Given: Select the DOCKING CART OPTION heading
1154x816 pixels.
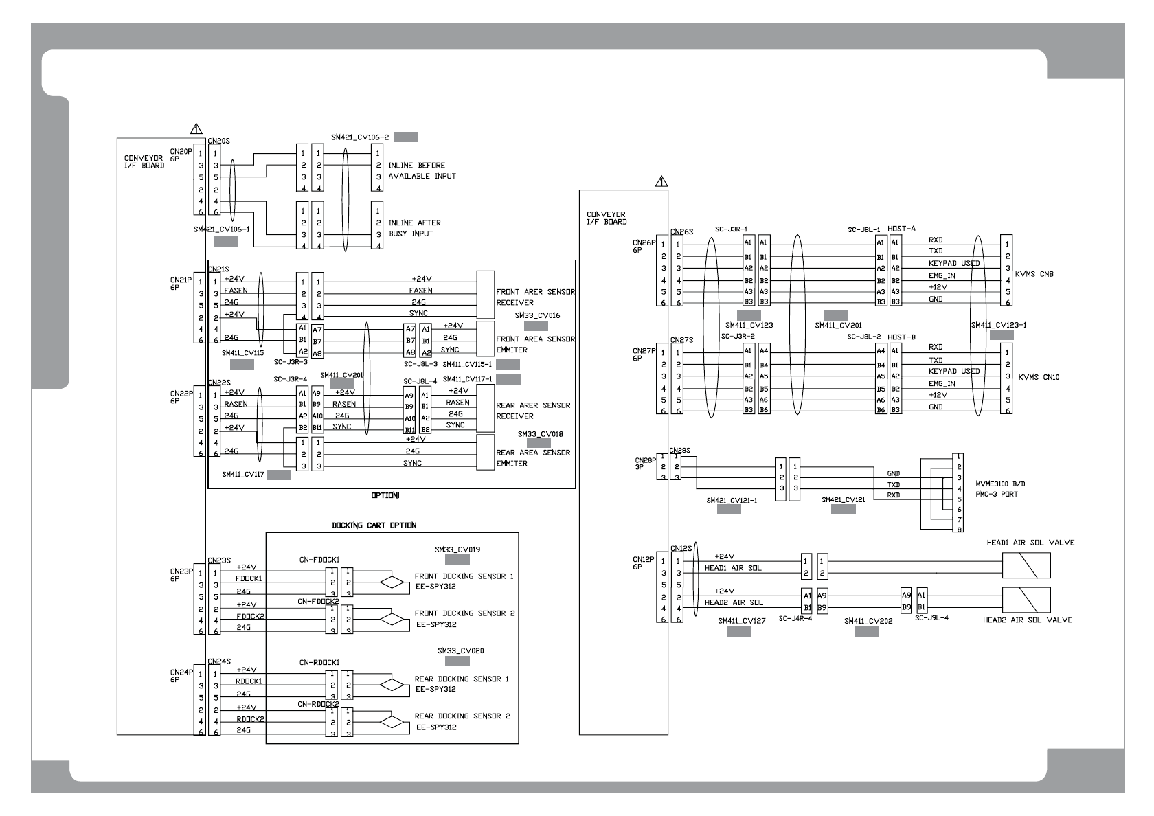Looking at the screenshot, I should (x=374, y=525).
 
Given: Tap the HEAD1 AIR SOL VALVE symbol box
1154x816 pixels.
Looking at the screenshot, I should (x=1026, y=567).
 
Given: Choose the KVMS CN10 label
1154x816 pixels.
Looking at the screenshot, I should (x=1039, y=377).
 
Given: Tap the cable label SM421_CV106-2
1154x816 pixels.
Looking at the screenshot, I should (x=360, y=137).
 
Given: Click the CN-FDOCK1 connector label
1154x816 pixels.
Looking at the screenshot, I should (x=319, y=560).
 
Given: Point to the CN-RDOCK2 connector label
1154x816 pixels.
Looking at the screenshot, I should (x=318, y=704).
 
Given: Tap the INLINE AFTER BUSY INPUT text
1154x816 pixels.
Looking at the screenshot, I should (x=414, y=228).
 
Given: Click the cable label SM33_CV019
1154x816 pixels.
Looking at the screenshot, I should (x=457, y=549).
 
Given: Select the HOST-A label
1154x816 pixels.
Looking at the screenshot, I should (x=902, y=228).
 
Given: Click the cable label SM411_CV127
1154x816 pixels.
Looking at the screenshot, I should (x=741, y=620).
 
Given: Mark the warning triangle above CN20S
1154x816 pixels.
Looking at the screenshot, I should (x=196, y=128).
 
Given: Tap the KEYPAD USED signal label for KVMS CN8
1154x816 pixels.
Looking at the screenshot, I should (x=954, y=264).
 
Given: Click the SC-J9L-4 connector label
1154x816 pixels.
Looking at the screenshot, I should (x=931, y=617).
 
